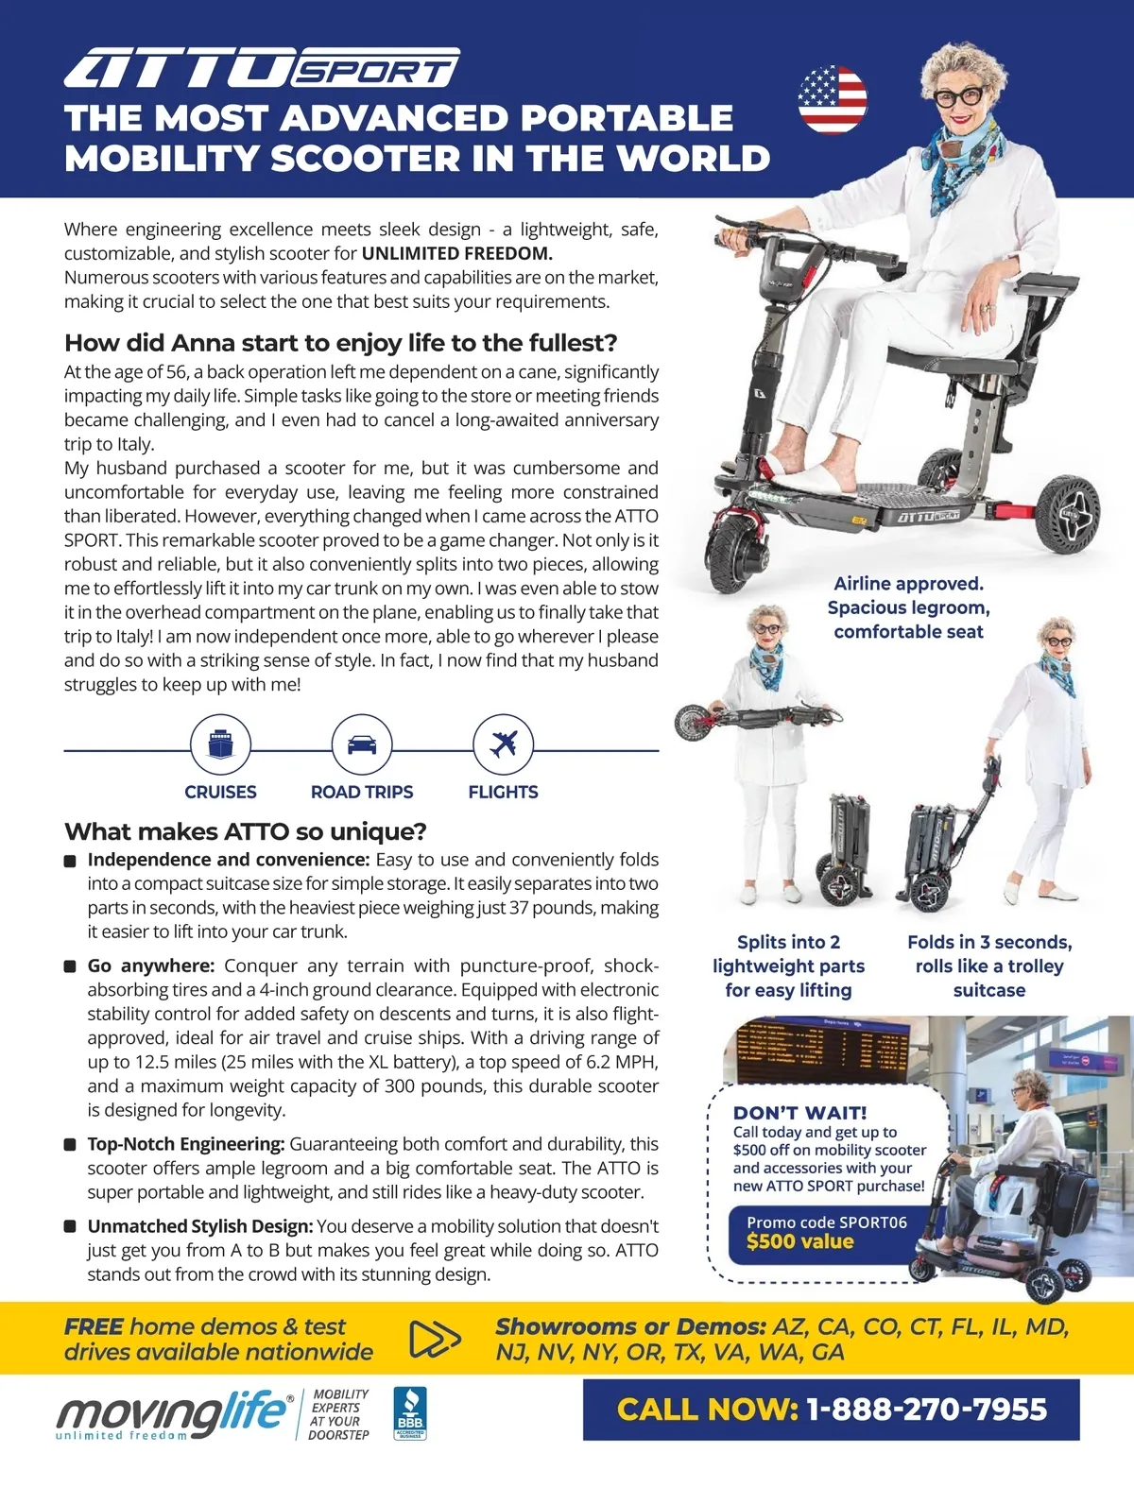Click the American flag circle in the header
833,99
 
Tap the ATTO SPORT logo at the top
262,67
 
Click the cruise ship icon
221,743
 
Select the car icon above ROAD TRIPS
362,743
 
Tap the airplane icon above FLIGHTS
504,743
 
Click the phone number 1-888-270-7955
927,1410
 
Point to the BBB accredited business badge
410,1413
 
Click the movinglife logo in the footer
175,1414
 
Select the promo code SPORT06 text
827,1222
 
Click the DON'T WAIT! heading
799,1113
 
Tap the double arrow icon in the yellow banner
435,1339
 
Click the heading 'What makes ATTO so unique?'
245,831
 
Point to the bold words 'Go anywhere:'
151,966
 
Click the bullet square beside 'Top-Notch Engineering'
70,1144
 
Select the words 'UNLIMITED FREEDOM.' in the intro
457,253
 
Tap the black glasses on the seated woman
958,96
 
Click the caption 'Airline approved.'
908,584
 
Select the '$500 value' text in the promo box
800,1241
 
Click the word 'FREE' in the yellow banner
94,1326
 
